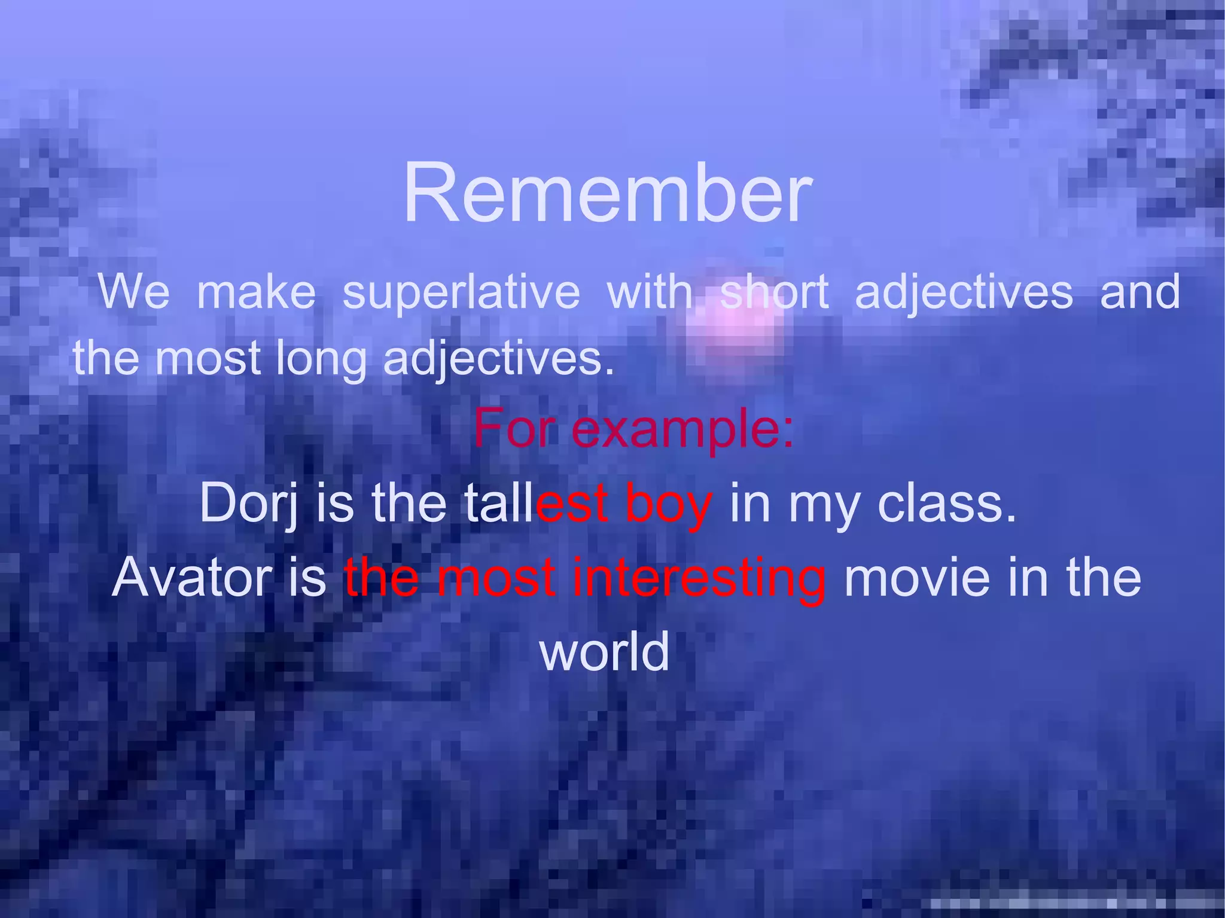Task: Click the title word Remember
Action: [608, 193]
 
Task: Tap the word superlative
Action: [461, 292]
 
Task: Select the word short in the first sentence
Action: [775, 292]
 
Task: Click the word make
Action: [256, 292]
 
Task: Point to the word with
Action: [650, 292]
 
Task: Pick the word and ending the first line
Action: [1139, 292]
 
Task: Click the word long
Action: [321, 359]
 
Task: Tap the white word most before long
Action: [208, 359]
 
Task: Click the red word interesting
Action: [699, 579]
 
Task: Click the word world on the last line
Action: [605, 651]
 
